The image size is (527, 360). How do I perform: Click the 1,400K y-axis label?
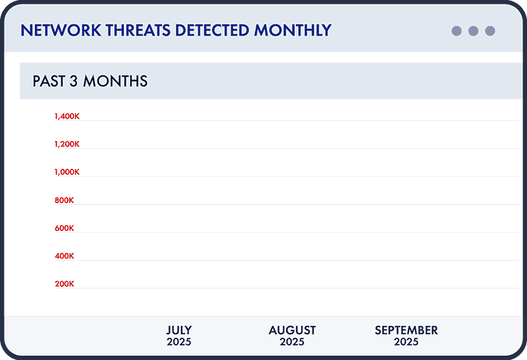pos(67,117)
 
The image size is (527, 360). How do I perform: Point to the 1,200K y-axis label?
pos(67,144)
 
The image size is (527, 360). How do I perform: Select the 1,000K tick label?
pos(67,172)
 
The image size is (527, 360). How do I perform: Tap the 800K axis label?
pos(65,200)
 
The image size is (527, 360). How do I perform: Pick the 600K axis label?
pos(65,228)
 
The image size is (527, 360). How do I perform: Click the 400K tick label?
pos(65,256)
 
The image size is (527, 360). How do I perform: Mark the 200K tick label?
pos(65,284)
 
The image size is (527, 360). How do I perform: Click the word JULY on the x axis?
pos(179,330)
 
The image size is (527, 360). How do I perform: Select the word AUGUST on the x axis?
pos(292,330)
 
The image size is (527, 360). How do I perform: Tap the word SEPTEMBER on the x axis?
pos(406,330)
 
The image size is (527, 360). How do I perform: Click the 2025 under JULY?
pos(179,342)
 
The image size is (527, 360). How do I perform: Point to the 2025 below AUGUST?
pos(292,342)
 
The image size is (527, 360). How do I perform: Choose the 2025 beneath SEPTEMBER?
pos(406,342)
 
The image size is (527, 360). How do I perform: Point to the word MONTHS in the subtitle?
pos(116,82)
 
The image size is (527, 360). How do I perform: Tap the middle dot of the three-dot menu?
pos(473,31)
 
